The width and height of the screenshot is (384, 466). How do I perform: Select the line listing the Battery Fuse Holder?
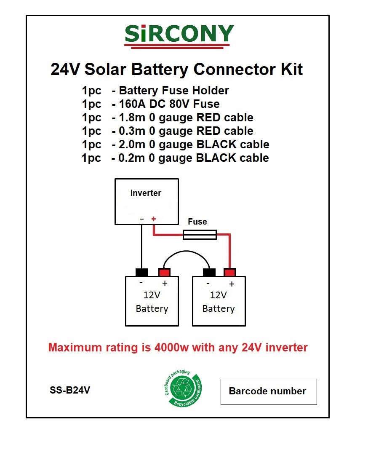pyautogui.click(x=155, y=91)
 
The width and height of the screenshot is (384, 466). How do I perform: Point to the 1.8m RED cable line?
pyautogui.click(x=168, y=117)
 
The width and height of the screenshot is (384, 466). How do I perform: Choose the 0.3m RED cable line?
pyautogui.click(x=168, y=131)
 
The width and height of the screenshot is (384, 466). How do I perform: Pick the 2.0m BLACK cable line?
pyautogui.click(x=176, y=144)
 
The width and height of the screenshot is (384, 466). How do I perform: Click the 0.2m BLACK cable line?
pyautogui.click(x=176, y=158)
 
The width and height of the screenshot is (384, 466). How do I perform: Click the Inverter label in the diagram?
pyautogui.click(x=146, y=193)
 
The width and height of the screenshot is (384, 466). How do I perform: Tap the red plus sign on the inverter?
pyautogui.click(x=153, y=219)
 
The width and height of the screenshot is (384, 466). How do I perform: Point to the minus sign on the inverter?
pyautogui.click(x=142, y=219)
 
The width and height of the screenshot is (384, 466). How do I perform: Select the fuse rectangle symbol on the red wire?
pyautogui.click(x=200, y=235)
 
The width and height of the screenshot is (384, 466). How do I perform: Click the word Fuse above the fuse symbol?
pyautogui.click(x=197, y=222)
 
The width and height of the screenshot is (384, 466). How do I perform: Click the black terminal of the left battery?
pyautogui.click(x=141, y=272)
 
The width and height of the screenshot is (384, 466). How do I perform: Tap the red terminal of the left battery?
pyautogui.click(x=164, y=272)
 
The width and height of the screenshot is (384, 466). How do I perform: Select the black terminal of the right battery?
pyautogui.click(x=209, y=272)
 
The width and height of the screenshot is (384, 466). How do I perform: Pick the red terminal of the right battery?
pyautogui.click(x=230, y=272)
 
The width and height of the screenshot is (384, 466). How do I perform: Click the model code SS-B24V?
pyautogui.click(x=70, y=390)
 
